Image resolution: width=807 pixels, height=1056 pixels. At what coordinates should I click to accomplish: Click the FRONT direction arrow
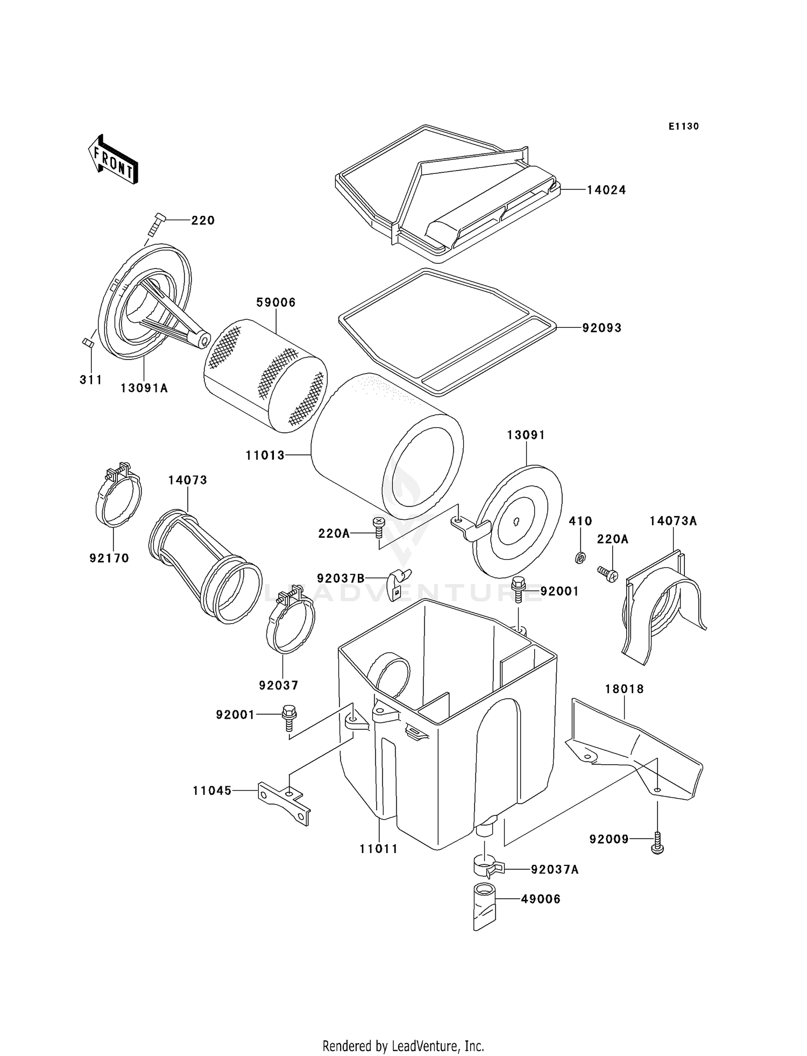tap(114, 160)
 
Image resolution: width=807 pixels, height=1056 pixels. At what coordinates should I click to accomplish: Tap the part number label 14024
tap(606, 190)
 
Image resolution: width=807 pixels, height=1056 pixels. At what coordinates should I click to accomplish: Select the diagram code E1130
tap(683, 126)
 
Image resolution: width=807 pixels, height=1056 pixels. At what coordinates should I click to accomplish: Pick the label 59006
tap(276, 302)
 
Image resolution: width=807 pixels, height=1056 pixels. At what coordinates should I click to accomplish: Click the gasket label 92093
tap(601, 328)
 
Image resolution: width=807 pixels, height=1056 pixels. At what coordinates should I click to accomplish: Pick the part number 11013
tap(265, 455)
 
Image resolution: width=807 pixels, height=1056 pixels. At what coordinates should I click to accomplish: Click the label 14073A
tap(672, 521)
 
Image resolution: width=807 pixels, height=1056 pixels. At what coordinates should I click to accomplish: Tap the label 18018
tap(624, 689)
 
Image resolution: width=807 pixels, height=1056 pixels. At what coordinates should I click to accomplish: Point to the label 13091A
tap(144, 388)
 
